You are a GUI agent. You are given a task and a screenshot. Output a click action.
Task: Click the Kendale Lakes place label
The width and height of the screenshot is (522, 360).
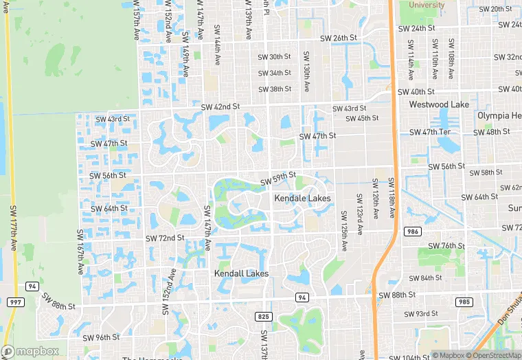[302, 198]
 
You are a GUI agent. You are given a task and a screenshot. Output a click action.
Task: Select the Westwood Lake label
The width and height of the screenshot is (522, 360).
[438, 104]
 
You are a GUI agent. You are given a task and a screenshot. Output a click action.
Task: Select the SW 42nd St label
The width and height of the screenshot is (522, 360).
[220, 106]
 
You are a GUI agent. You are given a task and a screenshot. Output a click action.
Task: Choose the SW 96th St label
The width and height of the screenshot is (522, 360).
[101, 337]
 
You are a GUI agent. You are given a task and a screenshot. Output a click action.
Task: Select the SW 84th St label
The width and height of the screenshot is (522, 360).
[425, 278]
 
